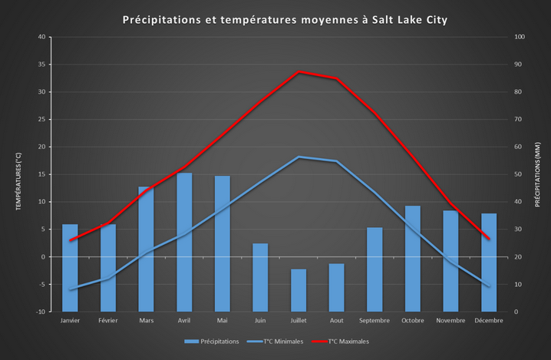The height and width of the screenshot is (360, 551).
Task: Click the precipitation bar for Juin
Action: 260,277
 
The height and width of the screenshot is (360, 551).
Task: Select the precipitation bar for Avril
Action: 184,242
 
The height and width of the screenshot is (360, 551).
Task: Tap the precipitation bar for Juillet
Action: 299,290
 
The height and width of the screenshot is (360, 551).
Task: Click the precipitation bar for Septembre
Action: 374,269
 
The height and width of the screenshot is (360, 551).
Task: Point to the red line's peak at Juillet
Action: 299,71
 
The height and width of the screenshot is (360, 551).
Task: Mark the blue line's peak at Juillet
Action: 299,157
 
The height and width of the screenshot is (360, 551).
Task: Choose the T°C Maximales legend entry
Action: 347,342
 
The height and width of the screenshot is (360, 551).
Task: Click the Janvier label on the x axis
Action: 70,321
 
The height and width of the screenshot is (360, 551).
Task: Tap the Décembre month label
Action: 489,321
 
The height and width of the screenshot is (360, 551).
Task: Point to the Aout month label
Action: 336,321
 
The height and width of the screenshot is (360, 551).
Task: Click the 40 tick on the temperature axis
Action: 41,37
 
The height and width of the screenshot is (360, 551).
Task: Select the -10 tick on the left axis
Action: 41,312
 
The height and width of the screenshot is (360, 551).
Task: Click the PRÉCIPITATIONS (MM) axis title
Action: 538,174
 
